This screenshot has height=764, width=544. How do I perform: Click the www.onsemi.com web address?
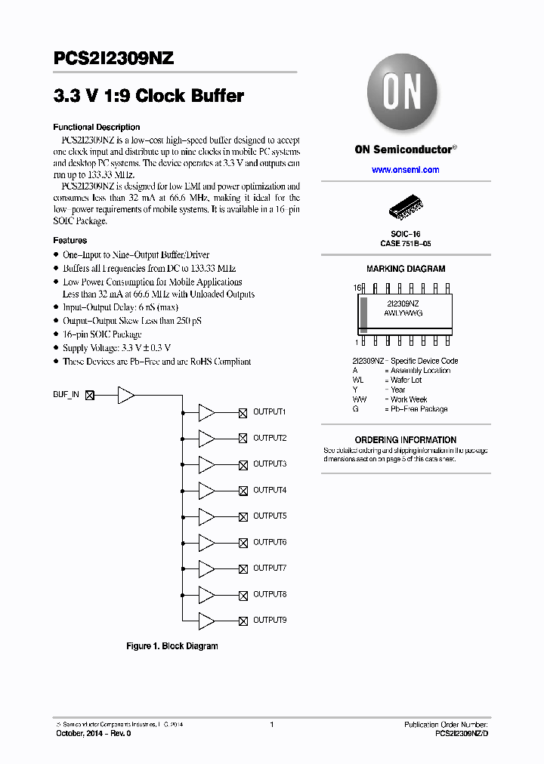click(x=405, y=170)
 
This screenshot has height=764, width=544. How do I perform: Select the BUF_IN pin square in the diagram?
click(x=90, y=395)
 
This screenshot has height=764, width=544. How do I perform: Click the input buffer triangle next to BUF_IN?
click(x=126, y=395)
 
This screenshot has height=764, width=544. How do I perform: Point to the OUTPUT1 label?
click(x=270, y=412)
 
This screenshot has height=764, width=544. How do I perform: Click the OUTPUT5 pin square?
click(x=243, y=516)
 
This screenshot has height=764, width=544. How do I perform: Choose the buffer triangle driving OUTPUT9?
click(x=206, y=621)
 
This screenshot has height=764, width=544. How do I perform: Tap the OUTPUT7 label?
click(x=270, y=568)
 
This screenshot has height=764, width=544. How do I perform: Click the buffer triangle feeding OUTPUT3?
click(x=206, y=464)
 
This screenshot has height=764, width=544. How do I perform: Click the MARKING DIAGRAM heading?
click(x=406, y=269)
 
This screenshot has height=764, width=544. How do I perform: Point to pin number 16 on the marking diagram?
click(x=356, y=288)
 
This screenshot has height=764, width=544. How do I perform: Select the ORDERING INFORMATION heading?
click(x=406, y=440)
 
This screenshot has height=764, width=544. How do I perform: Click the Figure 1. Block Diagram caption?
click(x=172, y=646)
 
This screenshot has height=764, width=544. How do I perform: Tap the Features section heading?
click(x=70, y=241)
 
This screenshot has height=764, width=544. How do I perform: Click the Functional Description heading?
click(x=96, y=128)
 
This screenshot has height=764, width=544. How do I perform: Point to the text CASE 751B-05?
click(x=406, y=244)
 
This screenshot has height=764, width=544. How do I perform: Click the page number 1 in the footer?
click(x=271, y=725)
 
